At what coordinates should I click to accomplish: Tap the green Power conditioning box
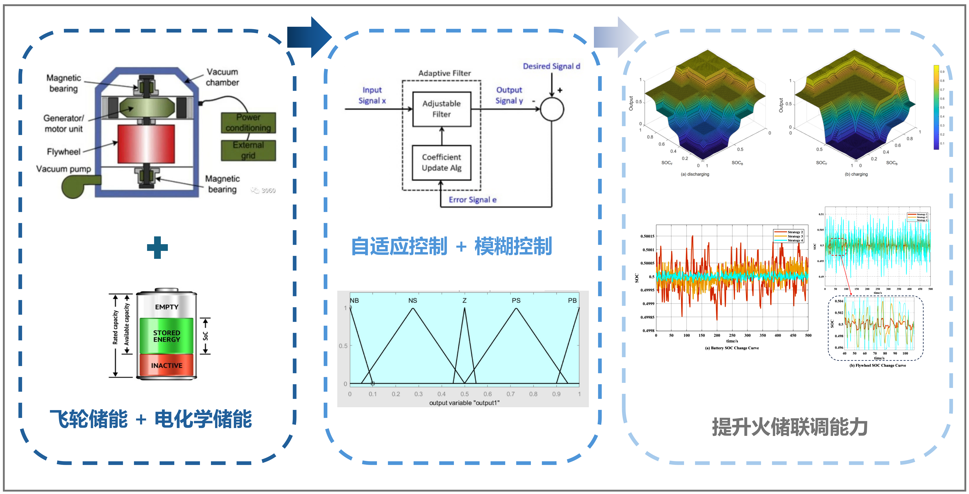[248, 123]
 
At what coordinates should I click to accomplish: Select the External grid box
[248, 150]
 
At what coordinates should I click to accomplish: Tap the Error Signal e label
[473, 200]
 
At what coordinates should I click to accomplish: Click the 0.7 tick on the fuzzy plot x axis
[510, 394]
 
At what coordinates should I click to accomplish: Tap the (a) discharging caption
[695, 174]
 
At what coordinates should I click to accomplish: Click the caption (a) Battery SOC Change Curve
[732, 348]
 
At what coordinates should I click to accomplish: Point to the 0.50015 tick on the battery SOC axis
[647, 236]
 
